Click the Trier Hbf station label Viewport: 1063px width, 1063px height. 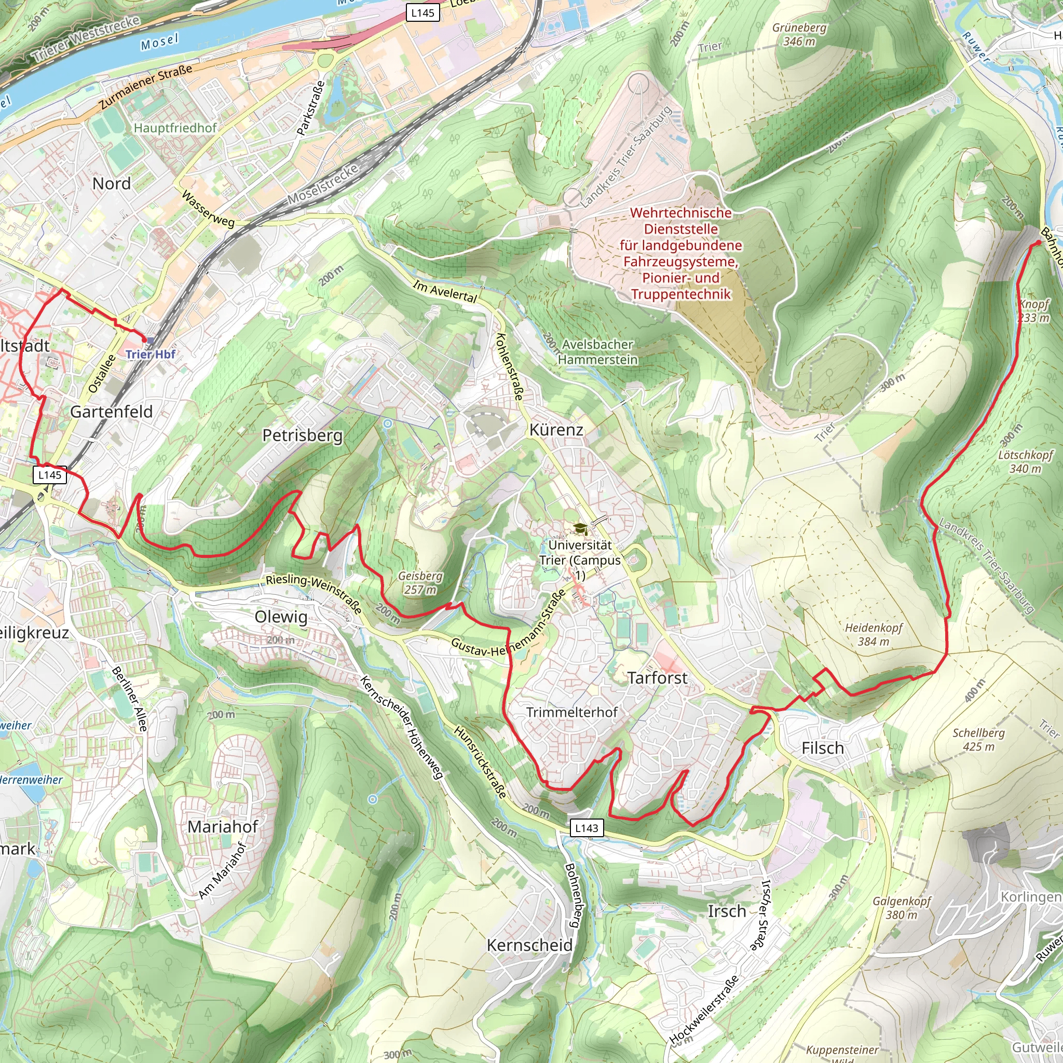[150, 354]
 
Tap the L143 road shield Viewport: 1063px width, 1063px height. [587, 828]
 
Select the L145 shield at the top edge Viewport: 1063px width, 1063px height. [423, 12]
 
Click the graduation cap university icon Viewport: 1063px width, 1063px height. [580, 529]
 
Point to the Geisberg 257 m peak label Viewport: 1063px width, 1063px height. [420, 583]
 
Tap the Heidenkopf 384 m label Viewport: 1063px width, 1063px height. [874, 634]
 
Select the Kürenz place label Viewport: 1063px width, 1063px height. [556, 430]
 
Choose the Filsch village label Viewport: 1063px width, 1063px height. [823, 748]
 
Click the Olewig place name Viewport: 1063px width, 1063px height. [281, 617]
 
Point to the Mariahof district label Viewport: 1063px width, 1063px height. [223, 826]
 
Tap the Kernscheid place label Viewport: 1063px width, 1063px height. [529, 945]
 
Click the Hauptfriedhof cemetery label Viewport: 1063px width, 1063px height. [175, 128]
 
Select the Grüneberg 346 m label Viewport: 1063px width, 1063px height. [799, 34]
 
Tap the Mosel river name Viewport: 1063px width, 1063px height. [159, 43]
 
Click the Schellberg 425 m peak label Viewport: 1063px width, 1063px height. [978, 740]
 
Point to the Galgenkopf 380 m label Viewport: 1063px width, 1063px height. [901, 908]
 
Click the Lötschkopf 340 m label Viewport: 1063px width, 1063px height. [1025, 461]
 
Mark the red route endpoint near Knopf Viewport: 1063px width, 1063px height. [1038, 242]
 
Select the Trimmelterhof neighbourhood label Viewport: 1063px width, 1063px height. [571, 712]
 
